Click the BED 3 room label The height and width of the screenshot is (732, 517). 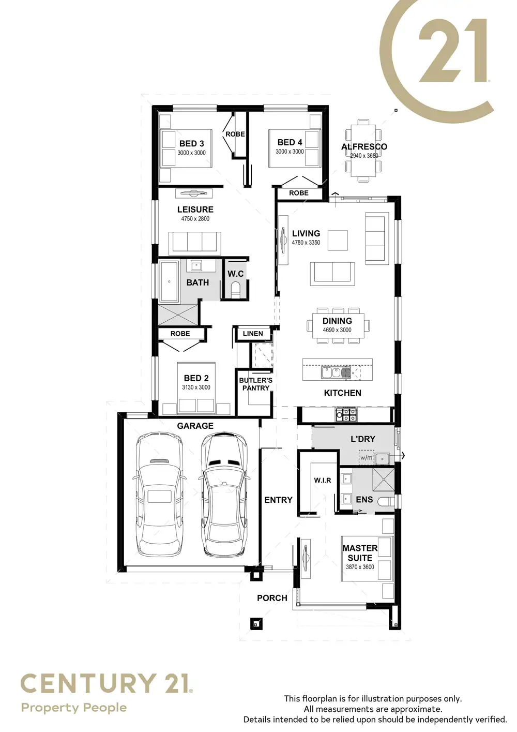pos(191,143)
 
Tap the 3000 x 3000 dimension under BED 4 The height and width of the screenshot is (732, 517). pos(290,152)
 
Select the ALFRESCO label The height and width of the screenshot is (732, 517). pos(364,146)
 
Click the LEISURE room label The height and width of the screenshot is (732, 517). pos(195,210)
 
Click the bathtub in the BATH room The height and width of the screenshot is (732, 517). pos(169,282)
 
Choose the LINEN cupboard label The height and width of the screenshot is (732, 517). pos(253,334)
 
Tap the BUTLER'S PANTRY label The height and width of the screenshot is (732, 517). pos(255,384)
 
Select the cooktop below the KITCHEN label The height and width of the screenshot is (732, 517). pos(346,414)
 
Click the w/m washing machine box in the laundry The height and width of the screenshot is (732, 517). pos(367,457)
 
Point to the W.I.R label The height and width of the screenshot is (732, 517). pos(323,481)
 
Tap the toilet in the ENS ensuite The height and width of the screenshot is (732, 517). pos(386,501)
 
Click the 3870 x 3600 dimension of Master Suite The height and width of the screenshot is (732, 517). pos(360,567)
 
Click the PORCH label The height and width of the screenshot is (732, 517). pos(272,598)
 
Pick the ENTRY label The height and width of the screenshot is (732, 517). pos(278,500)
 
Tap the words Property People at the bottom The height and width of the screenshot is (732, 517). pos(73,708)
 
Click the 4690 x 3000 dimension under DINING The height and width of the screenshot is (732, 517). pos(337,330)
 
